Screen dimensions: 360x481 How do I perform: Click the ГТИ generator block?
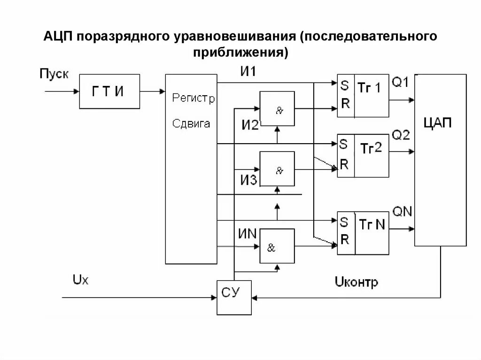click(x=109, y=92)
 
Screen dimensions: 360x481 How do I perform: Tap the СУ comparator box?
click(x=234, y=297)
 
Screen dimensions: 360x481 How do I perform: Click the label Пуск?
click(x=54, y=74)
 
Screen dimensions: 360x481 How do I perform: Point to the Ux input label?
click(x=80, y=280)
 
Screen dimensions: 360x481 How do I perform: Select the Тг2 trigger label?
click(x=371, y=149)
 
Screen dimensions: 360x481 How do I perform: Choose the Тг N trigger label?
click(x=372, y=225)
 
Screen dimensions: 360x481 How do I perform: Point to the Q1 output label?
click(x=401, y=83)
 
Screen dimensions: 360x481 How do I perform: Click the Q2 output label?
click(x=401, y=135)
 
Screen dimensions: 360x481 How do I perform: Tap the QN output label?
click(x=402, y=211)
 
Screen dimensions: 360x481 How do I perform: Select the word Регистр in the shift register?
click(x=193, y=99)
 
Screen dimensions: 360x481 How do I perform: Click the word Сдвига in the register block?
click(x=191, y=124)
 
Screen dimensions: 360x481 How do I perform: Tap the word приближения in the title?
click(x=240, y=52)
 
